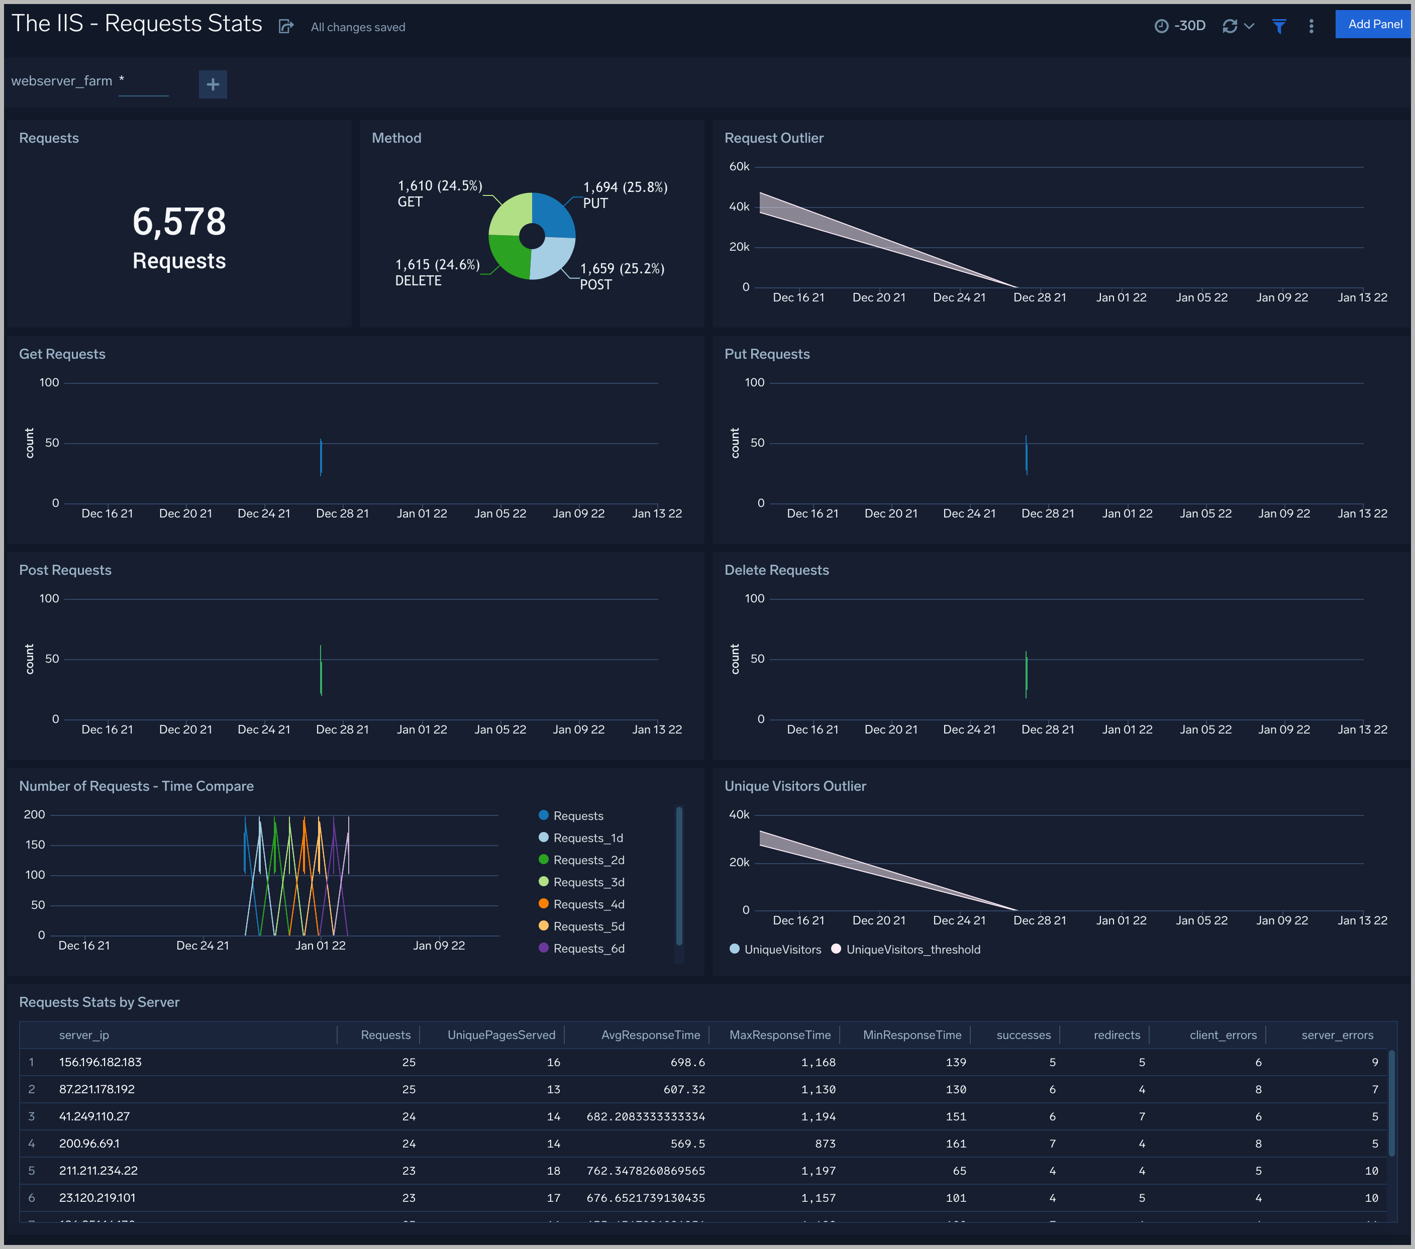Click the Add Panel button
1374,24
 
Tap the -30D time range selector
1181,26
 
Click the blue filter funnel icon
1279,26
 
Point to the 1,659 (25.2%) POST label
622,275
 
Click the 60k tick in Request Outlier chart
739,167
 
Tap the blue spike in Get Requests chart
321,457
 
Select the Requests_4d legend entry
588,904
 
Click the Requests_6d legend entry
588,949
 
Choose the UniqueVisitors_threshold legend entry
913,949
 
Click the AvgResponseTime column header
650,1035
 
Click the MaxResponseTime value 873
825,1143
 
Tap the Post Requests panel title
65,570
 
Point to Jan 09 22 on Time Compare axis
439,945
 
